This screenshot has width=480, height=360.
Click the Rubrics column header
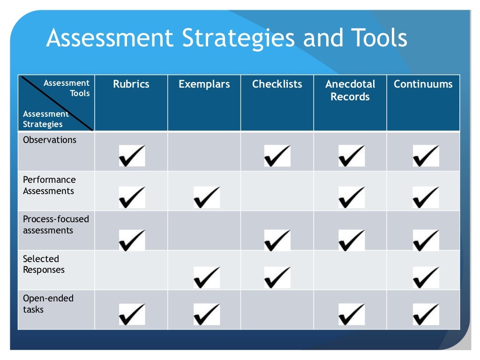click(131, 84)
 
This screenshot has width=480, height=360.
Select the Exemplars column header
click(204, 84)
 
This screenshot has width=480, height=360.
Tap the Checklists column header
click(277, 84)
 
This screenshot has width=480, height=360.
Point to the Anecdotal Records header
click(350, 90)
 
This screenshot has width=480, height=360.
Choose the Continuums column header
click(423, 84)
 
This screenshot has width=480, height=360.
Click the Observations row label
click(50, 140)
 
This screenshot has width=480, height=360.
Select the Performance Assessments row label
click(49, 185)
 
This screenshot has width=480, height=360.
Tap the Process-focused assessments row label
click(56, 225)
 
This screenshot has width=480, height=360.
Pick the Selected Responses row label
click(44, 264)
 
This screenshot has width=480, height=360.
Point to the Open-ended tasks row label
click(48, 304)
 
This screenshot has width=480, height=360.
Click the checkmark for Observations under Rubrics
click(132, 156)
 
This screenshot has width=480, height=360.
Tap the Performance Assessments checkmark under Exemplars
click(207, 197)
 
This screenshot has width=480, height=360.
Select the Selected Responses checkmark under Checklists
click(277, 277)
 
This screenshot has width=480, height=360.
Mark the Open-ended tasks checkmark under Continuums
click(426, 314)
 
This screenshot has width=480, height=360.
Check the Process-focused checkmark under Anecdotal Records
click(352, 240)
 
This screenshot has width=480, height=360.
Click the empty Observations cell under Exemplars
click(204, 151)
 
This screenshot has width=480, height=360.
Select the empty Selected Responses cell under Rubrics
click(131, 270)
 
